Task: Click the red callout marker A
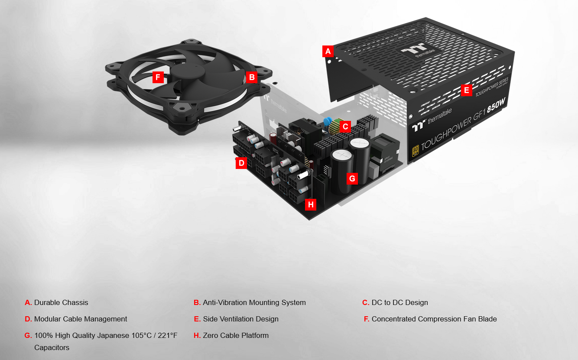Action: (328, 51)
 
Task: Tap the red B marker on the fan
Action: (252, 77)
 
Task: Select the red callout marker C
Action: (345, 126)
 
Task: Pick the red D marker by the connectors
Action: (241, 163)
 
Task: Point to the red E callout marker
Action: (467, 90)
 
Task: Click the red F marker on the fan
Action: (158, 77)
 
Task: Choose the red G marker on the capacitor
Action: (352, 178)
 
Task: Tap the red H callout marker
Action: (311, 204)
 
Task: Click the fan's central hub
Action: (188, 73)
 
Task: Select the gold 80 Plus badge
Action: (416, 151)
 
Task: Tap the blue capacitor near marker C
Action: (328, 121)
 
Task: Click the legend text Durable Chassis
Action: (61, 302)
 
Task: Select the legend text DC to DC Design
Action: (399, 302)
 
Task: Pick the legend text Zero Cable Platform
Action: (236, 335)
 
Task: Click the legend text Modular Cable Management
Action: (81, 319)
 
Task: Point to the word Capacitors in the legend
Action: (52, 347)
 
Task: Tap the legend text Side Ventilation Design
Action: (241, 319)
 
